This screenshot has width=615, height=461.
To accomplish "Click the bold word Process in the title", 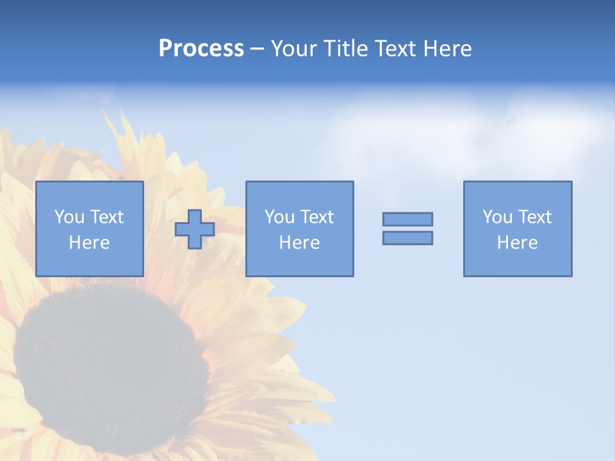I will (201, 49).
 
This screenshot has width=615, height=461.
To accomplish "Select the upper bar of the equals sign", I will (407, 219).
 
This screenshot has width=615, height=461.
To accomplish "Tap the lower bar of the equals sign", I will (407, 238).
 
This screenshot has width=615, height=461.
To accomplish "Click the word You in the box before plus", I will (69, 217).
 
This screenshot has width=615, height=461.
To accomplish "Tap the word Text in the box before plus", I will (106, 217).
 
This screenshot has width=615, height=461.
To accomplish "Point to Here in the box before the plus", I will (90, 243).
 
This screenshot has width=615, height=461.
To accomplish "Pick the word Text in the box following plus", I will (316, 217).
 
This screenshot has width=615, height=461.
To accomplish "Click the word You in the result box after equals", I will (497, 217).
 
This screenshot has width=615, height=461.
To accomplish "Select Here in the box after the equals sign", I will (518, 243).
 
